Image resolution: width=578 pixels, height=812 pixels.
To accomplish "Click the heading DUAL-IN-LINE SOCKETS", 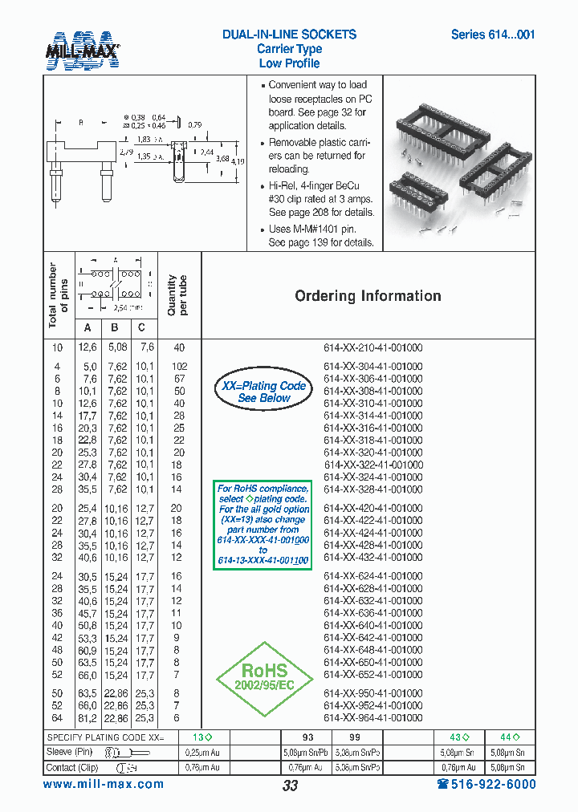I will pyautogui.click(x=289, y=35).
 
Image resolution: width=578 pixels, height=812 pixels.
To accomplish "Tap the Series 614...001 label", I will pyautogui.click(x=492, y=35).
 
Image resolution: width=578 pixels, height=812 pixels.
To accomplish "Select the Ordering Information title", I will pyautogui.click(x=368, y=296).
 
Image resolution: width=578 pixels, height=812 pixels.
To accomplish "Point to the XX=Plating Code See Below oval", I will pyautogui.click(x=264, y=392).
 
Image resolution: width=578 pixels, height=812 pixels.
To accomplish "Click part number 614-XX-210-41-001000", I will pyautogui.click(x=372, y=347).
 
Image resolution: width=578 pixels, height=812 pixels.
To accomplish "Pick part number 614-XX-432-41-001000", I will pyautogui.click(x=372, y=558).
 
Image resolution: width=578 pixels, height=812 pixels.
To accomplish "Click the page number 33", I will pyautogui.click(x=290, y=786).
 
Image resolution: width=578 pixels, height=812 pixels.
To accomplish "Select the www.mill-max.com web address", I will pyautogui.click(x=103, y=785).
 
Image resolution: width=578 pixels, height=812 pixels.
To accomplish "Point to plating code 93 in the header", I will pyautogui.click(x=308, y=737).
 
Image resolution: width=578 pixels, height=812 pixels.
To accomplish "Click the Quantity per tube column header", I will pyautogui.click(x=177, y=295).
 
